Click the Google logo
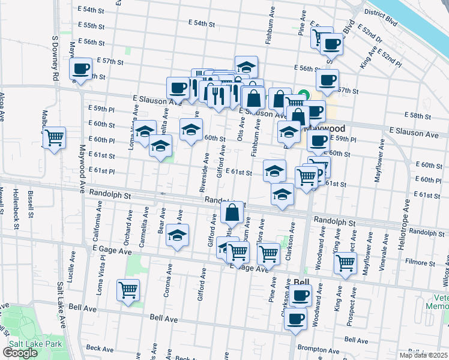point(20,353)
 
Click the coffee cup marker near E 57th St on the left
point(80,69)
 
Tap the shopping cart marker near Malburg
point(55,139)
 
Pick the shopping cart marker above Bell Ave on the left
point(128,290)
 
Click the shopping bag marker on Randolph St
point(232,212)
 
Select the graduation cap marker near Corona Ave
point(177,236)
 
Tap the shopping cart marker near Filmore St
point(346,262)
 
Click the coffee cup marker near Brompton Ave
point(295,320)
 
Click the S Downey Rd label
point(55,58)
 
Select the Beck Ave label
point(100,348)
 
